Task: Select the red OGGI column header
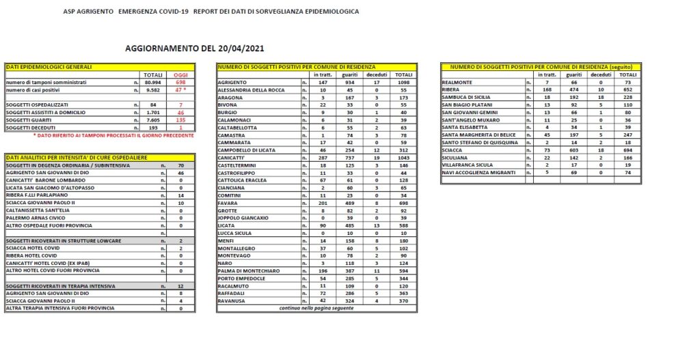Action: (x=181, y=74)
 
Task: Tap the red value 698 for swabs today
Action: (x=181, y=82)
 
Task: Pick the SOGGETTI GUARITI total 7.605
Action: (x=153, y=120)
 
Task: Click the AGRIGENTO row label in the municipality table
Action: (x=233, y=82)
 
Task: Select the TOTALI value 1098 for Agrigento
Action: (x=403, y=82)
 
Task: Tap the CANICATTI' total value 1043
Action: (x=403, y=157)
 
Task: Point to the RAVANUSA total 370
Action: (x=403, y=301)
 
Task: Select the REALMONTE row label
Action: (x=457, y=82)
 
